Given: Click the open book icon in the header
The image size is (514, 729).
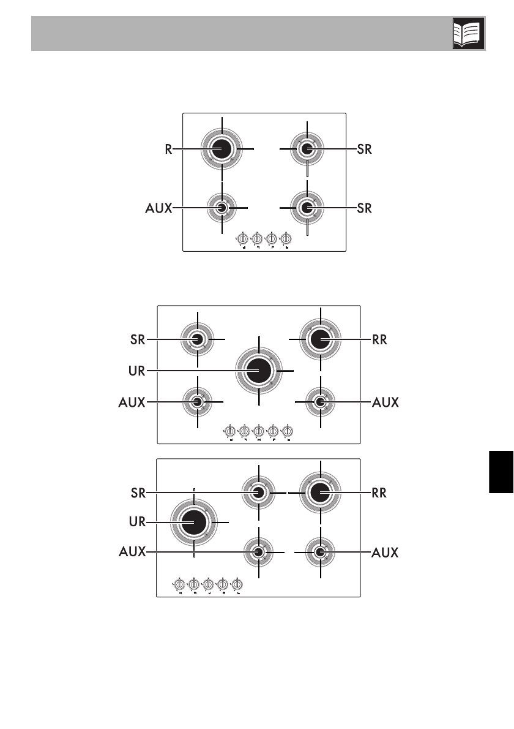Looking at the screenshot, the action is point(469,33).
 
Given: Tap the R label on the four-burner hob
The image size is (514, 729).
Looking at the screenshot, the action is point(168,149).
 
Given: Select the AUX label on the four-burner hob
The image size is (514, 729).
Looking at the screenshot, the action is point(158,208).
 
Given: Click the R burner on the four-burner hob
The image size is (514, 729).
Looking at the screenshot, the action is point(222,149).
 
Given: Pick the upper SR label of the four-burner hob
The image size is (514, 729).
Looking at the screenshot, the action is point(365,149).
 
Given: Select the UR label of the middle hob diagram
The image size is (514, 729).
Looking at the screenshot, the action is point(138,370).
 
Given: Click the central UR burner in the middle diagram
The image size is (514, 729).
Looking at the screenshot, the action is point(259,370).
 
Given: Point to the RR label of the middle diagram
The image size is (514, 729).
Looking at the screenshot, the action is point(380,339).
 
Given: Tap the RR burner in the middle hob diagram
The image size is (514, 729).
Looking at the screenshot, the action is point(320,339).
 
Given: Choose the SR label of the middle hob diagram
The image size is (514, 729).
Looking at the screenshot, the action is point(138,339).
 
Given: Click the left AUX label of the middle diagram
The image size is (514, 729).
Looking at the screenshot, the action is point(132,402).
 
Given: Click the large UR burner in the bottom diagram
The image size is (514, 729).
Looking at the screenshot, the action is point(194,521).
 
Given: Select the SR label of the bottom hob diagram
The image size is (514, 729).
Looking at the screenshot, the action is point(138,492).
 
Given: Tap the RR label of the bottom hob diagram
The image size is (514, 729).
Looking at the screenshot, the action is point(380,492).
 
